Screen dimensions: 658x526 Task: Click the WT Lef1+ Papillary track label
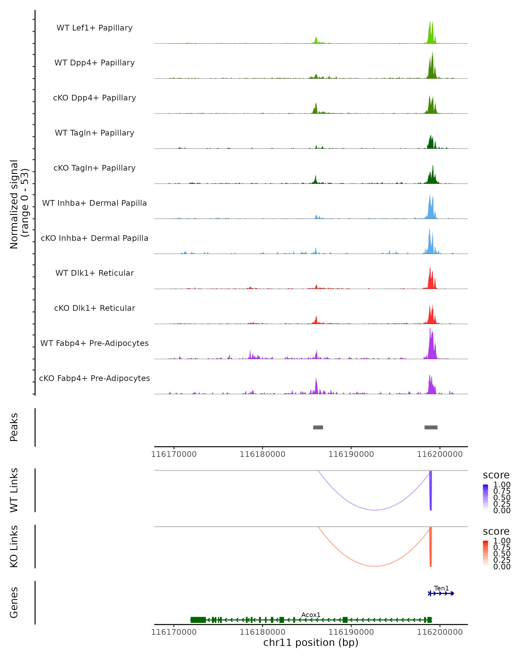point(94,28)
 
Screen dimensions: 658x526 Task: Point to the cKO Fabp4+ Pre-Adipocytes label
point(94,378)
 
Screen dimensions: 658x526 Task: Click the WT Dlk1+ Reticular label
point(94,273)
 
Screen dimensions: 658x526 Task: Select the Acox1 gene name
point(311,615)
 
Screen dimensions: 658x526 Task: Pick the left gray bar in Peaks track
point(318,427)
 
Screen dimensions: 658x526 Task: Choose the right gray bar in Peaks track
point(431,427)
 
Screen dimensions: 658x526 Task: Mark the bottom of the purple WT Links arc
point(375,510)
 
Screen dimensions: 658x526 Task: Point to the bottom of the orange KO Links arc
point(375,566)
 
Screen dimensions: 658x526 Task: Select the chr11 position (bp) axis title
point(311,642)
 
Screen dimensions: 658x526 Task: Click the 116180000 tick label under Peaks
point(262,454)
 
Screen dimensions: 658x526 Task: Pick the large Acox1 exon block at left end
point(198,620)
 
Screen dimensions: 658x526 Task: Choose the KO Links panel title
point(14,546)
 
